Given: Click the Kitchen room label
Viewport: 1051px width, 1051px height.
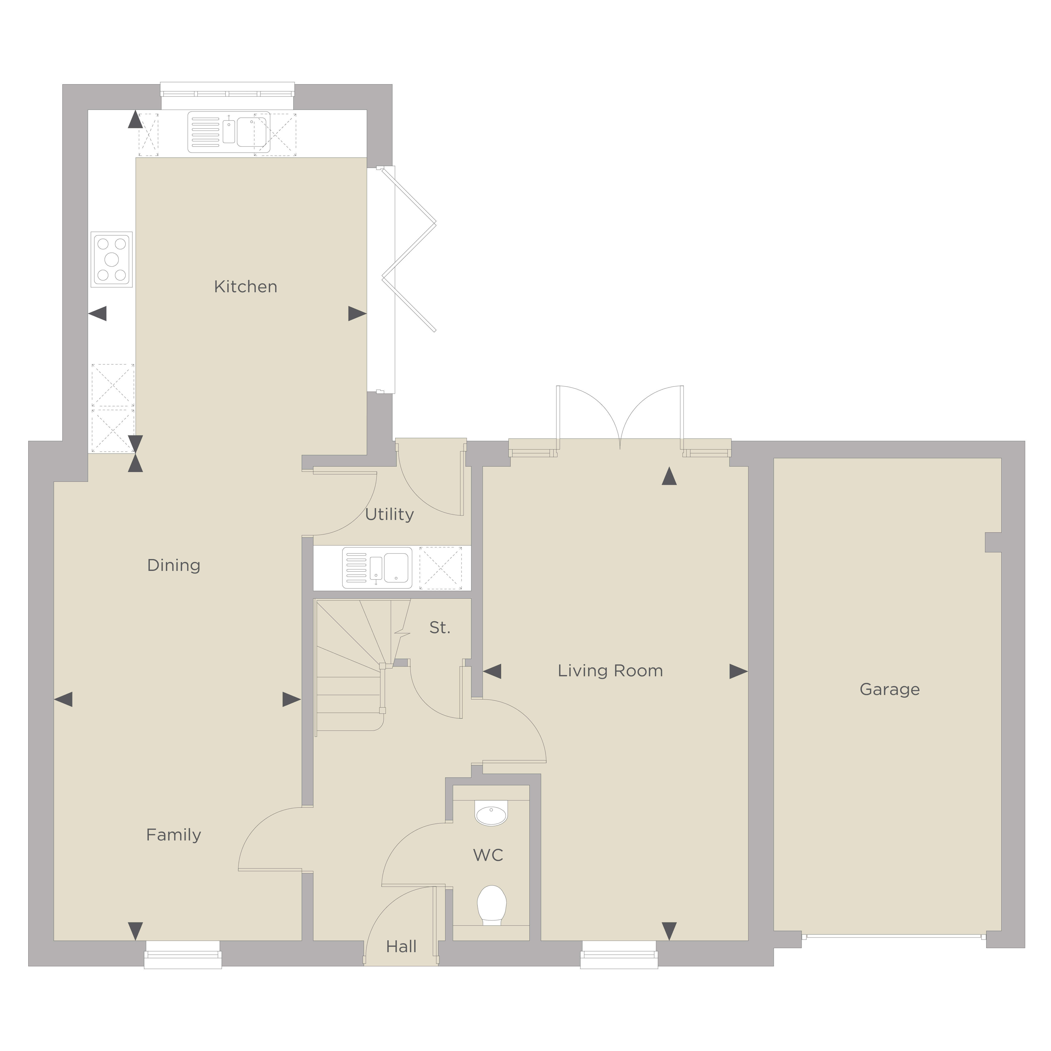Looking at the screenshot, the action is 245,287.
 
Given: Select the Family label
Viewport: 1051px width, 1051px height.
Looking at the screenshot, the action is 174,835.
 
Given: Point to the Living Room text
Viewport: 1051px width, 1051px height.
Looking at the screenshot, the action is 610,671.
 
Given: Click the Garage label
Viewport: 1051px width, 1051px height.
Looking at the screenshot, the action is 889,690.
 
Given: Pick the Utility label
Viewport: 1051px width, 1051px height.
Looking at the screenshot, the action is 389,515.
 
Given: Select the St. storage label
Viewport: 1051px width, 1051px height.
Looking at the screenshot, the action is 440,628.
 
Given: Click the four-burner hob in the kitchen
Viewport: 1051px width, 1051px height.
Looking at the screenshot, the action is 111,259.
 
